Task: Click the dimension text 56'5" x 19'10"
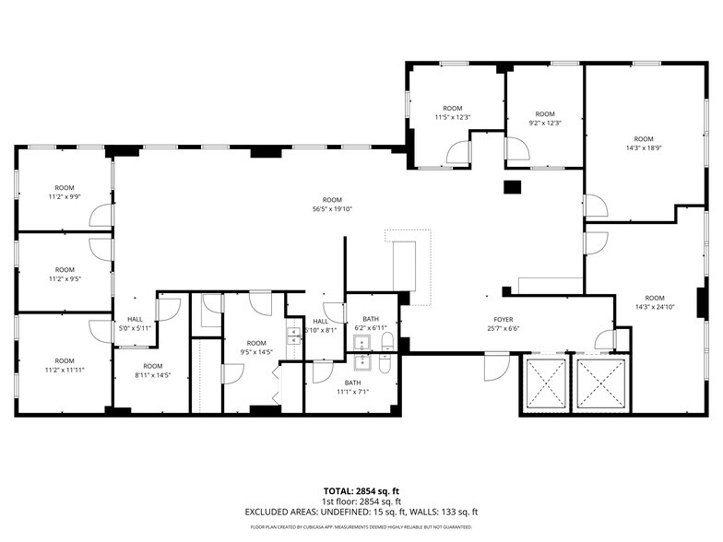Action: pyautogui.click(x=332, y=208)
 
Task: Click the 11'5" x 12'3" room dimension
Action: pyautogui.click(x=453, y=117)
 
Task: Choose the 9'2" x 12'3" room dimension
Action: pyautogui.click(x=545, y=123)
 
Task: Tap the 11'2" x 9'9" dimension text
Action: pyautogui.click(x=65, y=196)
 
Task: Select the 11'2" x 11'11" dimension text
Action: pyautogui.click(x=65, y=370)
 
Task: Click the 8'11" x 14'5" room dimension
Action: pyautogui.click(x=153, y=375)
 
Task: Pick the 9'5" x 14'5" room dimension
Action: pyautogui.click(x=255, y=351)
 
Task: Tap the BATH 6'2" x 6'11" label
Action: pyautogui.click(x=371, y=324)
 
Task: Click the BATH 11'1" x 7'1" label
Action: pyautogui.click(x=353, y=387)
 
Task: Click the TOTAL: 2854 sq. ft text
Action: pyautogui.click(x=361, y=490)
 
